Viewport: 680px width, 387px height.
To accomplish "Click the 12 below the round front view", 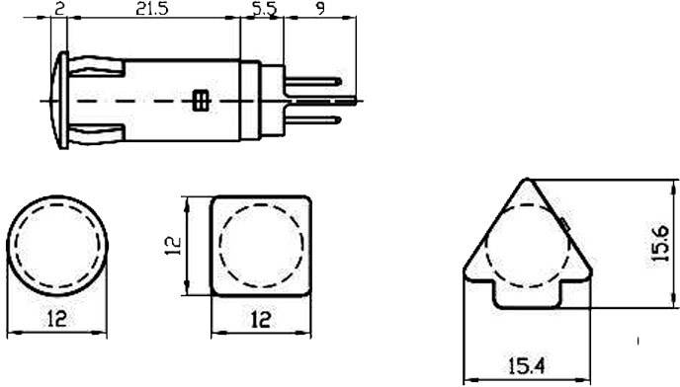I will click(x=58, y=318).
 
